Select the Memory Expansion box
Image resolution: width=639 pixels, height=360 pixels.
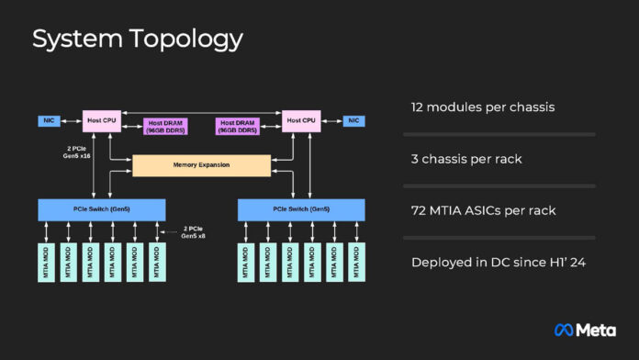201,165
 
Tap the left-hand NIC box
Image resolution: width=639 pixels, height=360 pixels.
50,120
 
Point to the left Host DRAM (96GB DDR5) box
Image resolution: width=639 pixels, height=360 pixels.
165,126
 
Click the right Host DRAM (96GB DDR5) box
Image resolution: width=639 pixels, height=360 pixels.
237,126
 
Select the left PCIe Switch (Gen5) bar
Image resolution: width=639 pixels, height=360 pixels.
101,209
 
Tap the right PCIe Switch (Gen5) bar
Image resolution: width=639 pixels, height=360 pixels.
301,209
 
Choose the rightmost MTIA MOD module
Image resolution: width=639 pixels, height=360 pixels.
356,262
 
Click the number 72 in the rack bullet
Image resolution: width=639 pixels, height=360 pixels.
420,211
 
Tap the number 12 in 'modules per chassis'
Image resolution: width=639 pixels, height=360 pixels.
419,107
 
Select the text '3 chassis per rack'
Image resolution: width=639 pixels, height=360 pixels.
466,159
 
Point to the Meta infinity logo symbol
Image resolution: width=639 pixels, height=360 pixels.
565,329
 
